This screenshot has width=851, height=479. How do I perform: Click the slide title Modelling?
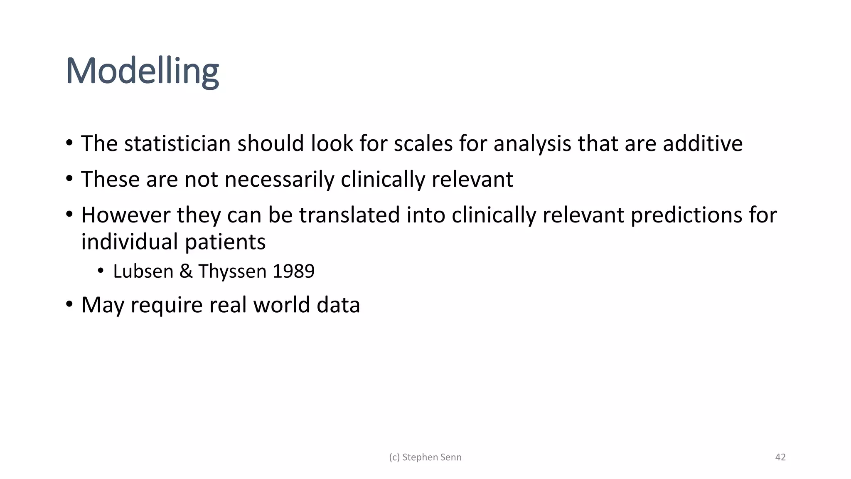point(142,72)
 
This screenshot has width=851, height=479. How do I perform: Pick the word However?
point(126,215)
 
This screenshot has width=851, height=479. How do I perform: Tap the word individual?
point(130,242)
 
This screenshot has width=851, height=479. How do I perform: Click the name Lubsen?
point(143,272)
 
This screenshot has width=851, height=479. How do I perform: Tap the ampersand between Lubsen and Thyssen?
point(186,272)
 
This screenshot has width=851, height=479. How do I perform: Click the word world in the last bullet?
point(281,305)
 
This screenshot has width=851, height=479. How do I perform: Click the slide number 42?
point(780,457)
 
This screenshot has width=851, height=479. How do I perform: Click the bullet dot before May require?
point(69,304)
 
